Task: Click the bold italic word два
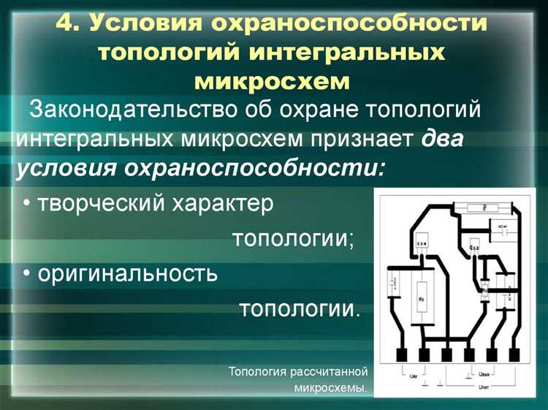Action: [x=443, y=138]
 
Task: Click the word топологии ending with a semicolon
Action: [x=293, y=239]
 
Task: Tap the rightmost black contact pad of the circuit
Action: [x=514, y=355]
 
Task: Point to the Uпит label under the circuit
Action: [x=483, y=386]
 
